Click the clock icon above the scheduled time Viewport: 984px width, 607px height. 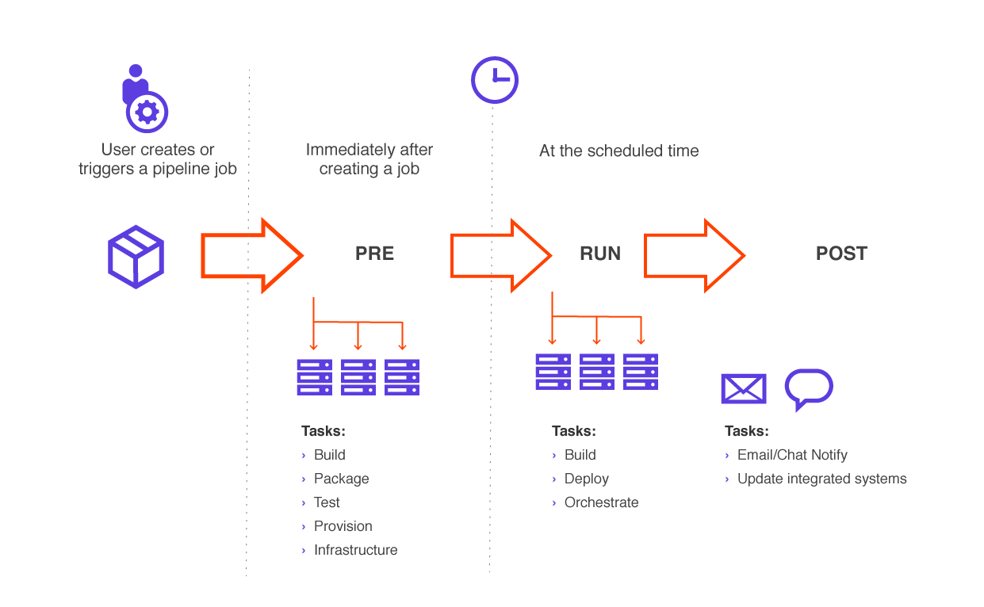coord(494,80)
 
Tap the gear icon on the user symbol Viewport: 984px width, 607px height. coord(147,112)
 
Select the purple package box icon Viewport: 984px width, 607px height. coord(136,256)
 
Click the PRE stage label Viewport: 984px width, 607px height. coord(374,254)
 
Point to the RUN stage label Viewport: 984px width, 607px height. coord(600,254)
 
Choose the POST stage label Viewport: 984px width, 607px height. coord(841,254)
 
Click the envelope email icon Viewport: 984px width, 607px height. coord(743,389)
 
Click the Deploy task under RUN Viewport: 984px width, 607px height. coord(586,479)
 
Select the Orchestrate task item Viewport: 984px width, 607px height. coord(601,502)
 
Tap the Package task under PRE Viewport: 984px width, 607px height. coord(341,479)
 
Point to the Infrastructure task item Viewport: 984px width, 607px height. coord(355,550)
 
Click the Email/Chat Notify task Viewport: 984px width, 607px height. coord(791,455)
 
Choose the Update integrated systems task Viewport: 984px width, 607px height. coord(821,479)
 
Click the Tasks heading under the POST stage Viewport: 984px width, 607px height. coord(746,431)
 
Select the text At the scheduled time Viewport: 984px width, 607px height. coord(618,151)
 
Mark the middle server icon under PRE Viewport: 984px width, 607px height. coord(358,377)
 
